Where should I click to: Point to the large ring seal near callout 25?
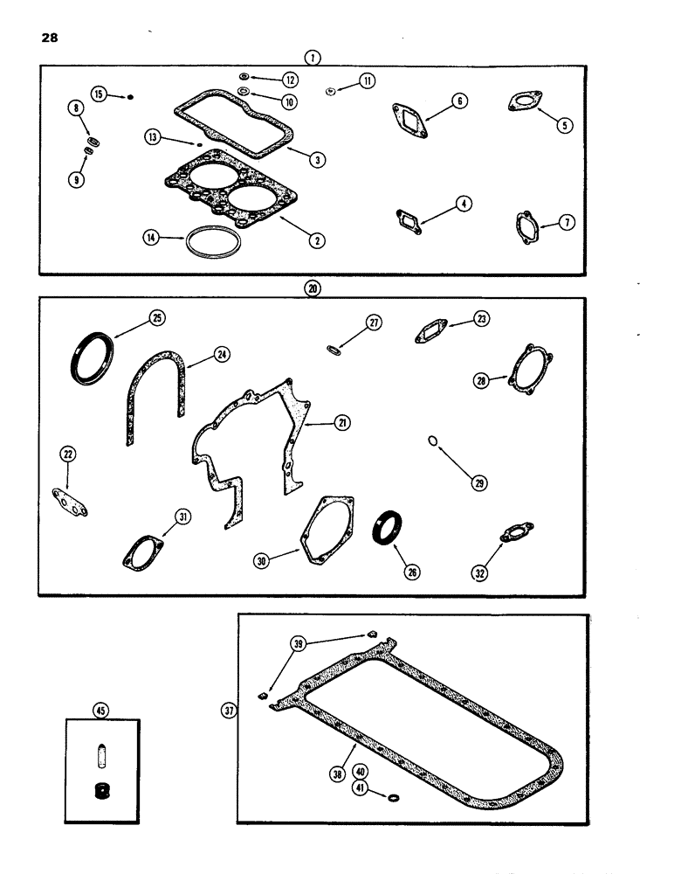point(92,360)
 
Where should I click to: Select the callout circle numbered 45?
point(101,711)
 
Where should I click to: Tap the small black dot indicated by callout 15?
point(130,96)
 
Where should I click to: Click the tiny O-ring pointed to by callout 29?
point(434,441)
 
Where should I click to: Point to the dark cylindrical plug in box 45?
point(102,792)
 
